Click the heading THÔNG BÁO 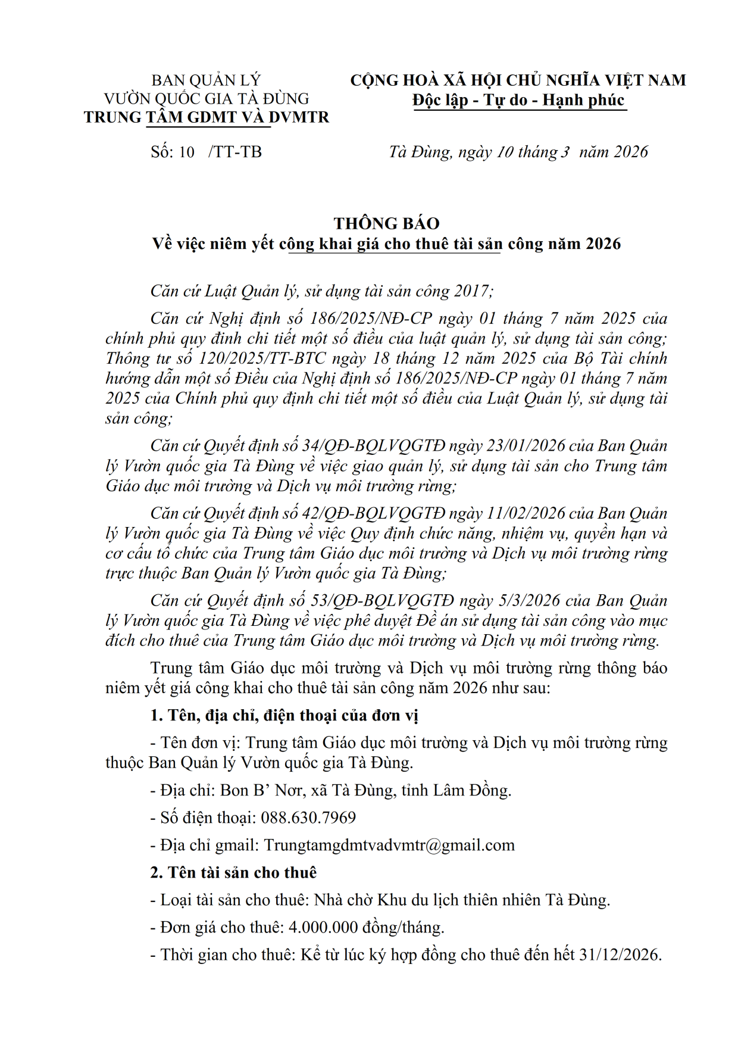pyautogui.click(x=386, y=223)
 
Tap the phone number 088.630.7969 pyautogui.click(x=308, y=818)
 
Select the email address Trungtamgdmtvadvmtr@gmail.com pyautogui.click(x=389, y=845)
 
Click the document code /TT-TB pyautogui.click(x=235, y=152)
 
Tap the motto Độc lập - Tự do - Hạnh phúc pyautogui.click(x=518, y=99)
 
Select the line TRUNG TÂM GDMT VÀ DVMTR pyautogui.click(x=207, y=117)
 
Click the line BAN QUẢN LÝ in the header pyautogui.click(x=206, y=80)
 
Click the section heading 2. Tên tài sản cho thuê pyautogui.click(x=233, y=872)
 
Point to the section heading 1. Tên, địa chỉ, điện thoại pyautogui.click(x=284, y=715)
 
